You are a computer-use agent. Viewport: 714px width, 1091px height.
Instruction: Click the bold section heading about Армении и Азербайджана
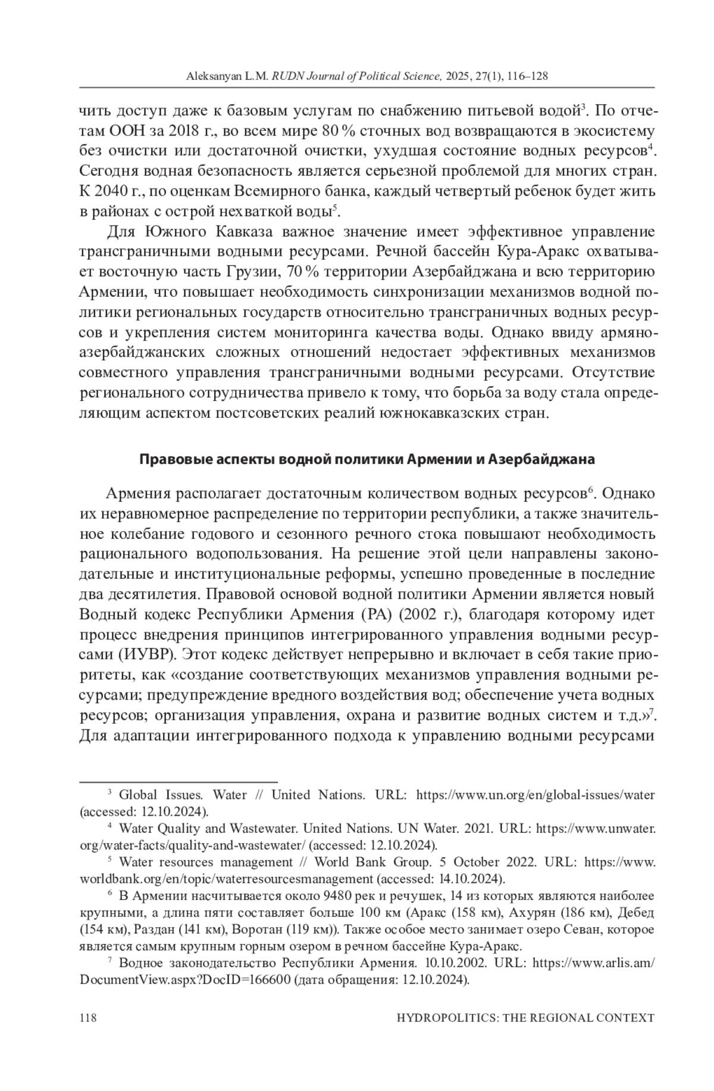[367, 460]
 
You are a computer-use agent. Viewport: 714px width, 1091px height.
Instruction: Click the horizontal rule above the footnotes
[178, 780]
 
